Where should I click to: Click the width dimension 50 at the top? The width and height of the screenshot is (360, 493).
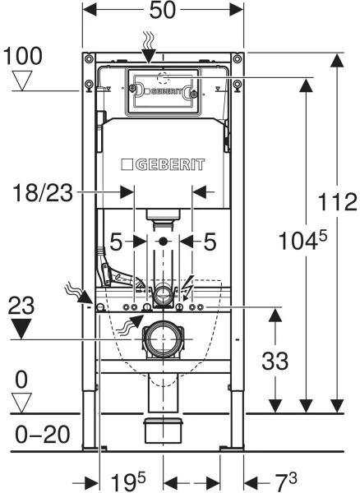click(x=162, y=10)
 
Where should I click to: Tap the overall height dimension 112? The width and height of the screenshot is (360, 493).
click(x=337, y=201)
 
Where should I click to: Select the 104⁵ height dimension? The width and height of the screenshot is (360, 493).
click(x=302, y=240)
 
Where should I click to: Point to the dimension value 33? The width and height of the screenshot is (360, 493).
click(x=275, y=361)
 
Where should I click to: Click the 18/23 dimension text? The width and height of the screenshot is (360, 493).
click(x=43, y=192)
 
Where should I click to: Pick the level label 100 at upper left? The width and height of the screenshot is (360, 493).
click(x=22, y=56)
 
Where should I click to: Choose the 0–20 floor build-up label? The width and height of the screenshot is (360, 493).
click(x=43, y=435)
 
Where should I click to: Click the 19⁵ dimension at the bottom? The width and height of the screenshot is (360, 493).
click(x=128, y=481)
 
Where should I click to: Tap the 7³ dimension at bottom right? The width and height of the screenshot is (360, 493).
click(x=286, y=481)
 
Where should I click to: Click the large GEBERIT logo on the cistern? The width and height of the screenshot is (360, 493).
click(x=163, y=164)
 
